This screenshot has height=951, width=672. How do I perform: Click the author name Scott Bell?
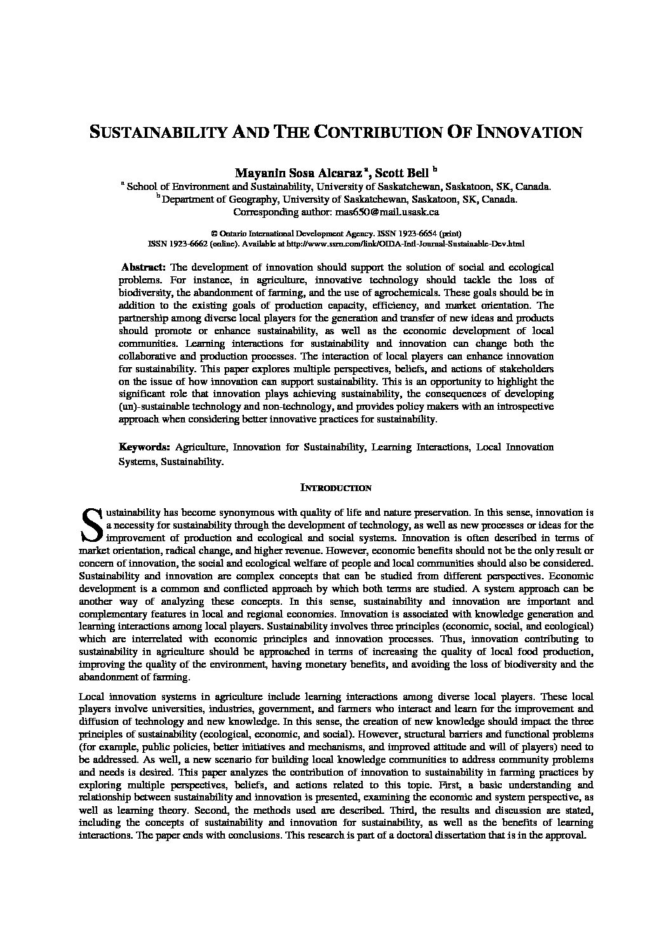click(x=400, y=173)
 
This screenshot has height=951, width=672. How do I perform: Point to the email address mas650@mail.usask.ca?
click(x=386, y=212)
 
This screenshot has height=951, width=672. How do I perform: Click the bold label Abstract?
click(x=144, y=267)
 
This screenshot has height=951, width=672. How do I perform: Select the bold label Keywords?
click(x=145, y=447)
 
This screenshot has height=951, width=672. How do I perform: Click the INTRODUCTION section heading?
click(x=335, y=489)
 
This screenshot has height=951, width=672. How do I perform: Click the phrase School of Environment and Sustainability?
click(x=219, y=187)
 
